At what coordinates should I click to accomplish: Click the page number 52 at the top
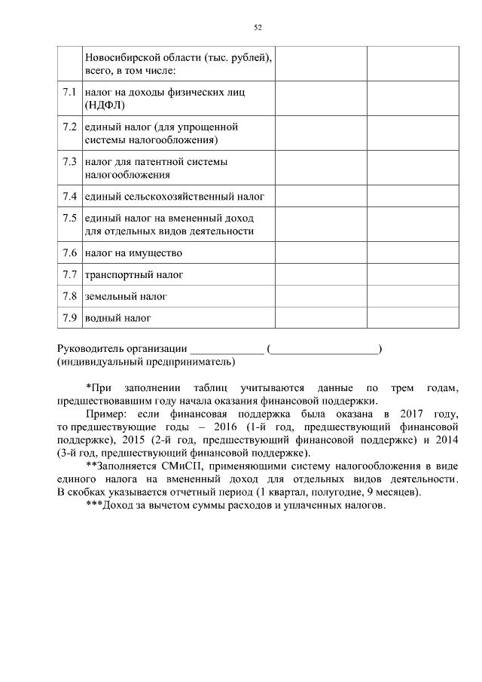[258, 27]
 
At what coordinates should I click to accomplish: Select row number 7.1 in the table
[70, 92]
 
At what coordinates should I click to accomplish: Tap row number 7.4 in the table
[70, 197]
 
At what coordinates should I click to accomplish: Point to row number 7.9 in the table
[70, 317]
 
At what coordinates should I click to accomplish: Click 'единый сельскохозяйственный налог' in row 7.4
[175, 197]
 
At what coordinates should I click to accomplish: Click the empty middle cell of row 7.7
[321, 274]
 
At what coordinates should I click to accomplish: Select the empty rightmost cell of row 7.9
[412, 317]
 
